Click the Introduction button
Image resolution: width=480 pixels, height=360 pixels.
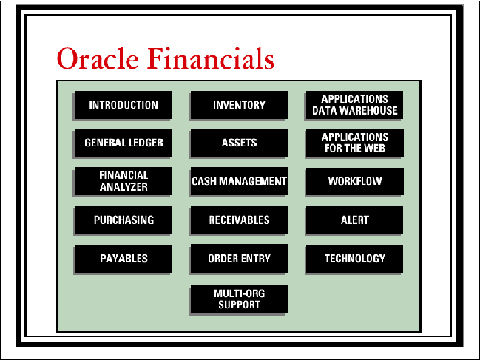(x=124, y=105)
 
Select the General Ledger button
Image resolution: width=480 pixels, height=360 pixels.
(x=124, y=143)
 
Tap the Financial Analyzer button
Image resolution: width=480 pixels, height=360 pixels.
(x=124, y=181)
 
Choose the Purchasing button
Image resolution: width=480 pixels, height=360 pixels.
(x=124, y=220)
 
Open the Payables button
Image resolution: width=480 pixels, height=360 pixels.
(x=124, y=259)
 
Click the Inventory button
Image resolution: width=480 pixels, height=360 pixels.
(x=239, y=105)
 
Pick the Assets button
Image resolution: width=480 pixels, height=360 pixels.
(x=239, y=143)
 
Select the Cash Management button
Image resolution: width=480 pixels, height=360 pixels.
(x=239, y=181)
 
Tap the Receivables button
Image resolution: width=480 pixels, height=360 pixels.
(x=239, y=220)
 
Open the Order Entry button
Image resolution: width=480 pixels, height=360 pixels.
(x=239, y=259)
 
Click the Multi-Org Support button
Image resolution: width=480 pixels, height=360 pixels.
(x=239, y=299)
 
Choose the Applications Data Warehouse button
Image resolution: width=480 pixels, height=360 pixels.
(x=354, y=105)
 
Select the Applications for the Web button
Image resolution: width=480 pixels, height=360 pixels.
(x=355, y=143)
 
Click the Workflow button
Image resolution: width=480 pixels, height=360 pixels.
(x=355, y=181)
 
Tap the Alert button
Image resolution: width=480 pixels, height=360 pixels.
(x=354, y=220)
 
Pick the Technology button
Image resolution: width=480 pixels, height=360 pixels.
(x=354, y=259)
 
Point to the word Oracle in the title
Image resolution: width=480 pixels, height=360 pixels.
(x=98, y=58)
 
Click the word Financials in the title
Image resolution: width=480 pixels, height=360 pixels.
(x=211, y=58)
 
